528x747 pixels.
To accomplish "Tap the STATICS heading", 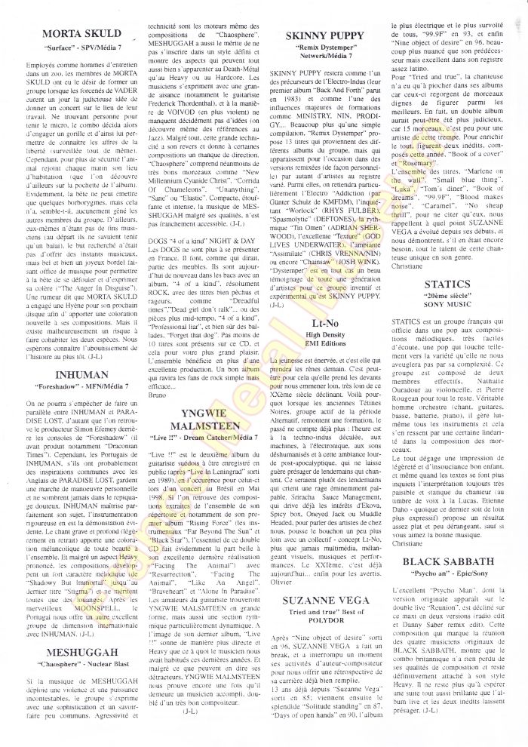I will (x=448, y=284).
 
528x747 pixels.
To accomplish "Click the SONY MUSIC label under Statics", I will (x=448, y=307).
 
